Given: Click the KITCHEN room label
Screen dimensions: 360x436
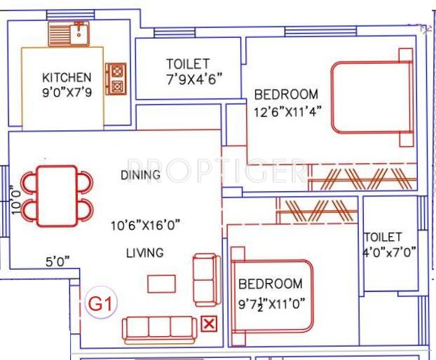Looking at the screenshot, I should [x=67, y=77].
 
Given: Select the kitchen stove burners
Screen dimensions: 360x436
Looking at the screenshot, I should [x=116, y=79].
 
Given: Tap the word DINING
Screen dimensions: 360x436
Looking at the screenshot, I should [x=140, y=174].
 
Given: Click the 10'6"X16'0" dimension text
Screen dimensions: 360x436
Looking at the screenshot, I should [x=145, y=225].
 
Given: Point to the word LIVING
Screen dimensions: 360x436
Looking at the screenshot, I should [x=145, y=253].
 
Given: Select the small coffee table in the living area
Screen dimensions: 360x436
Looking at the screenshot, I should [x=161, y=284].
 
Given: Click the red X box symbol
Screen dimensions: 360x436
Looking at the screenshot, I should [x=208, y=323].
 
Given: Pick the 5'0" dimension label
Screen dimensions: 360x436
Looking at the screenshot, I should [x=58, y=262].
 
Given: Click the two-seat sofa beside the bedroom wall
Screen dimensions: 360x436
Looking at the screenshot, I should [x=206, y=279].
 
